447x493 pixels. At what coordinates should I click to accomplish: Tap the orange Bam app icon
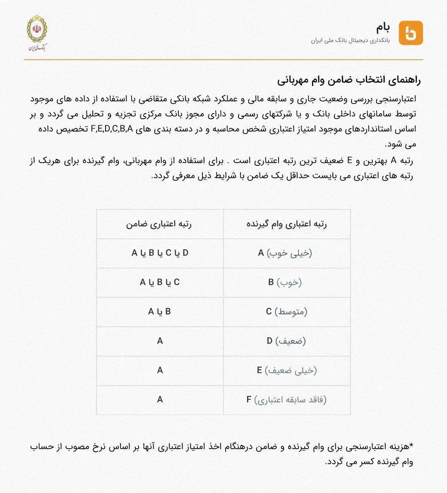[x=411, y=33]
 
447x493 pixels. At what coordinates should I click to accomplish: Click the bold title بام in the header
[x=383, y=27]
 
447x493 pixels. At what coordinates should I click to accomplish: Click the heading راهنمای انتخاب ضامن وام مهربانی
[x=349, y=80]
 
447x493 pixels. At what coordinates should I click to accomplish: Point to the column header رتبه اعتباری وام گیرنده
[x=286, y=224]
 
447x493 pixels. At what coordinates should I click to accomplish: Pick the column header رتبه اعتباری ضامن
[x=159, y=224]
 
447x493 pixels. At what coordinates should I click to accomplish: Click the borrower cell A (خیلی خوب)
[x=285, y=253]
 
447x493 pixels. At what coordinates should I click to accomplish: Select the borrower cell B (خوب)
[x=285, y=282]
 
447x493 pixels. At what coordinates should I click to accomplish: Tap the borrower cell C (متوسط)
[x=286, y=312]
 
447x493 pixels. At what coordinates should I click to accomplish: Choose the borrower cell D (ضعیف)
[x=286, y=341]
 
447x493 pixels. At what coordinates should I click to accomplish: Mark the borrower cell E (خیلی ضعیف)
[x=286, y=371]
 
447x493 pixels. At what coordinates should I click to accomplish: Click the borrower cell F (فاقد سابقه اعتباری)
[x=286, y=400]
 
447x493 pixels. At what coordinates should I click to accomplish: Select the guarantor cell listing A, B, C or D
[x=160, y=253]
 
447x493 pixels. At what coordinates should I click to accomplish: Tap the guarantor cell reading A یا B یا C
[x=160, y=282]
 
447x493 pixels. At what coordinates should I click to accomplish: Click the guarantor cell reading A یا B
[x=160, y=312]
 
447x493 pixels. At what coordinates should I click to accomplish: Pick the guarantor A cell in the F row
[x=160, y=400]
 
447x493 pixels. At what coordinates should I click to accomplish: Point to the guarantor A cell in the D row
[x=160, y=341]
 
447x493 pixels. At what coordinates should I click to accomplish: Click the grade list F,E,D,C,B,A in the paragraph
[x=112, y=129]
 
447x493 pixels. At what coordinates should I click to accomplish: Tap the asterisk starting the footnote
[x=411, y=446]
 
